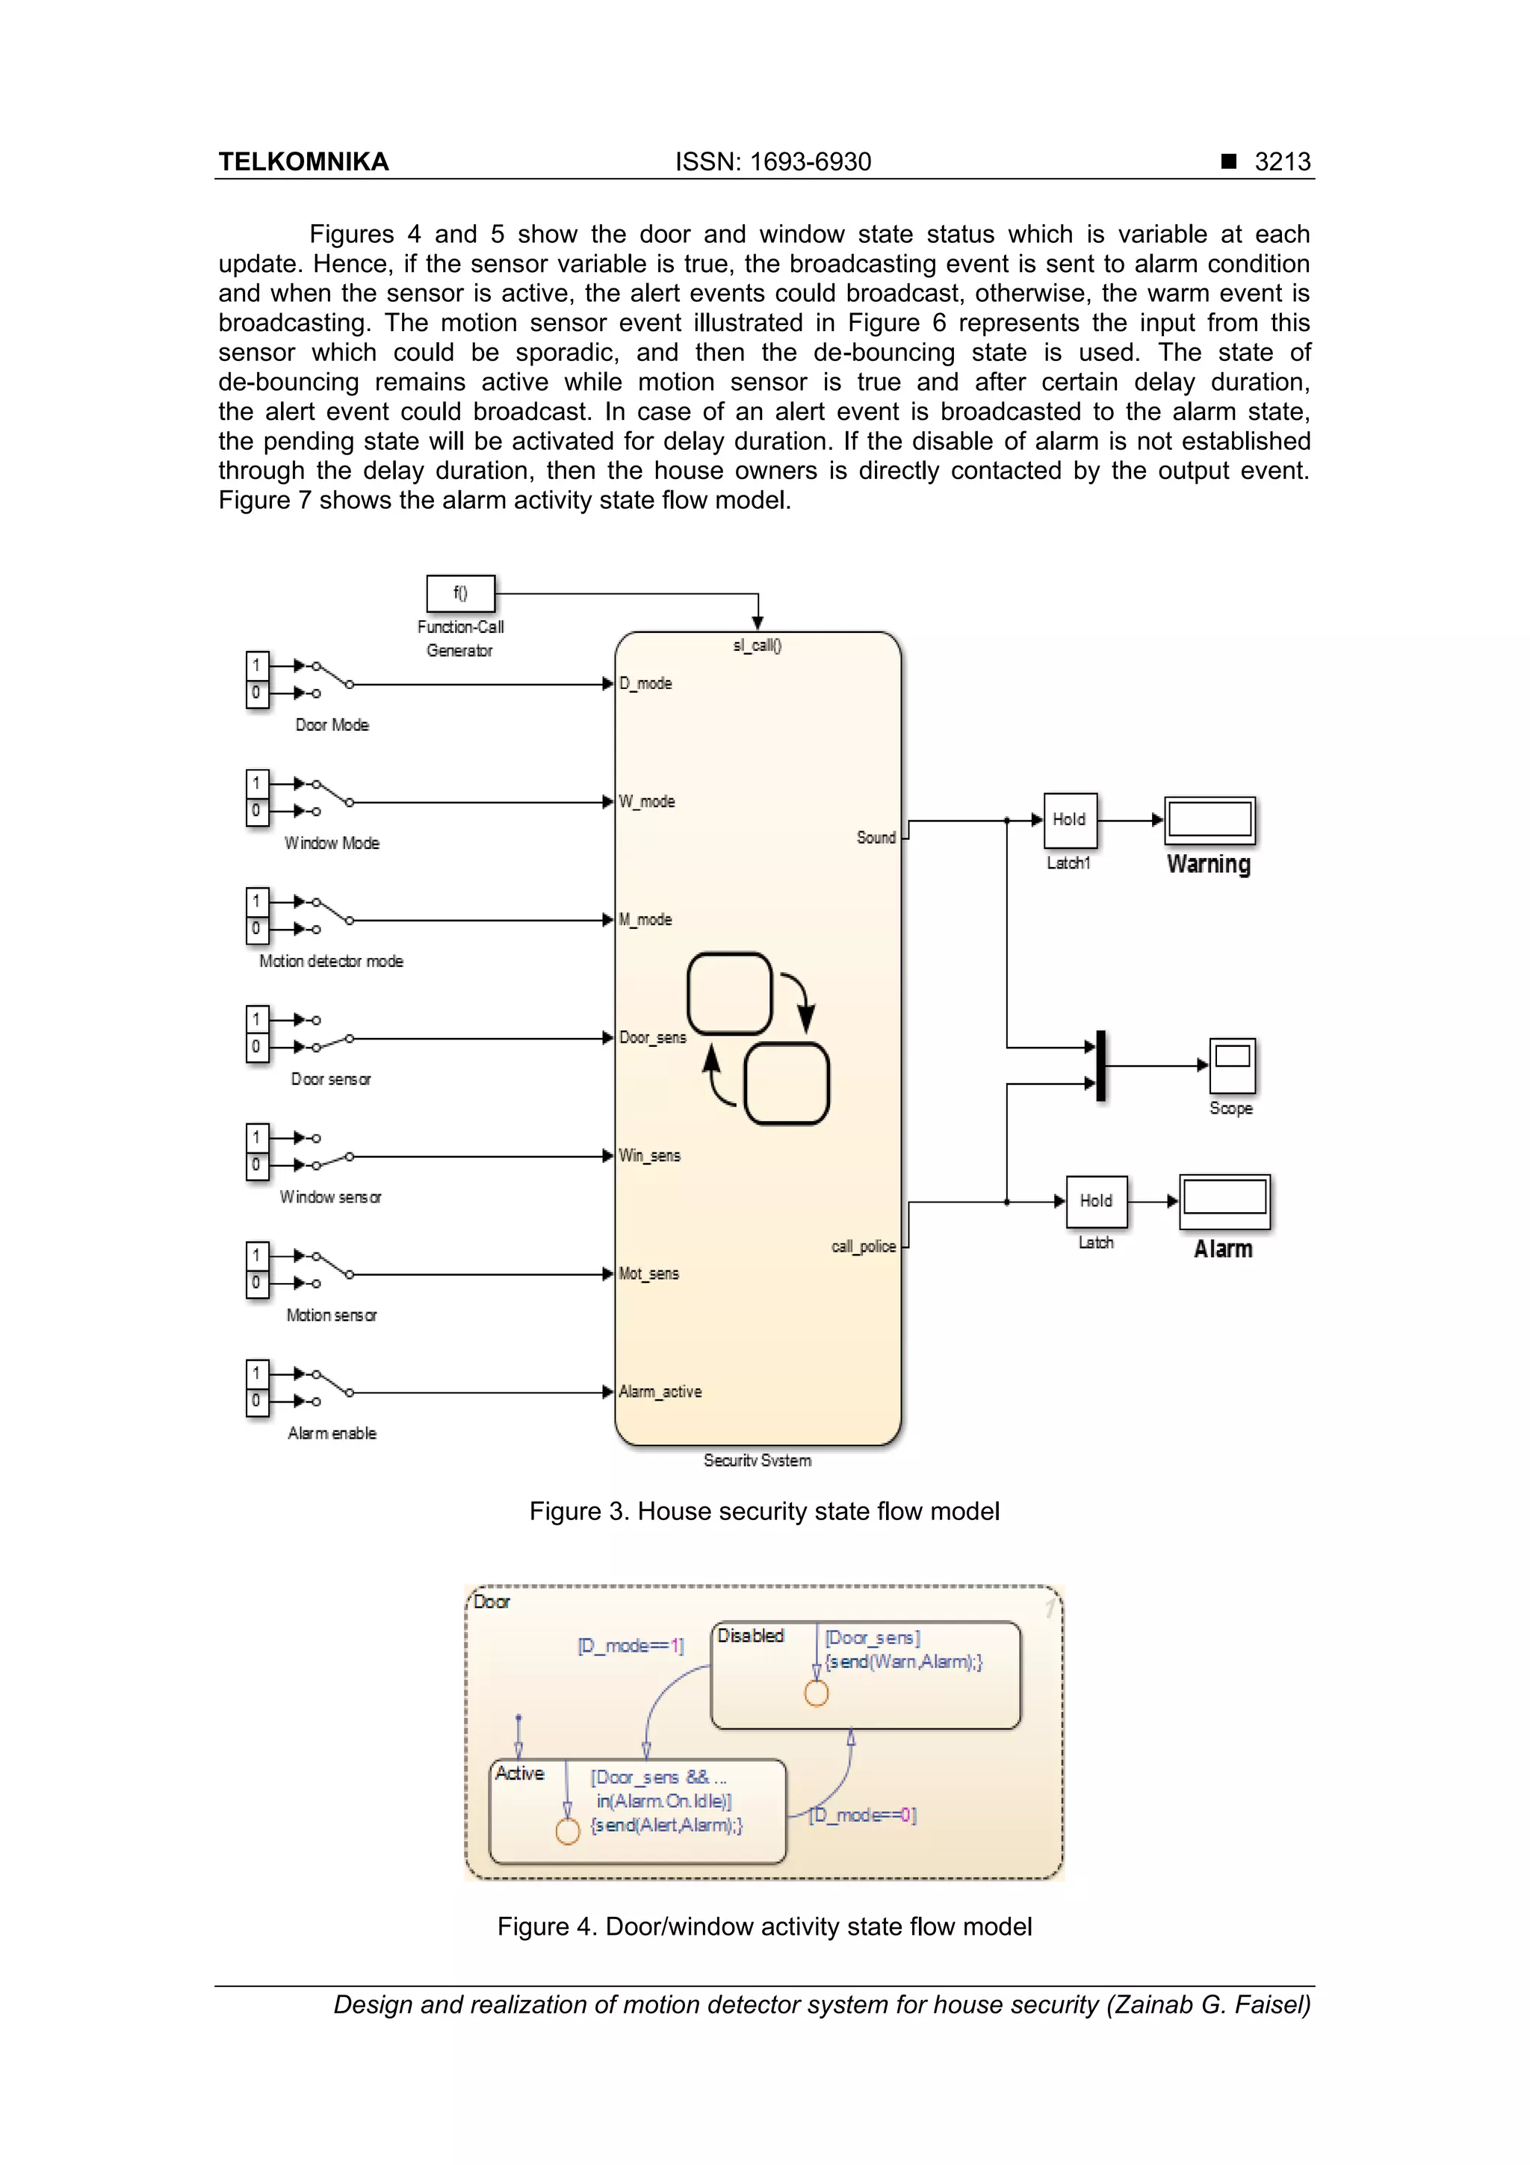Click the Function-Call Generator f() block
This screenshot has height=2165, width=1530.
point(460,593)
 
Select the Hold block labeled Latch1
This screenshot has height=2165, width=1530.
point(1070,819)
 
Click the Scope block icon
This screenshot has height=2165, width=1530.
point(1231,1065)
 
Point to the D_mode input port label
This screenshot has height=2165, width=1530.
point(645,684)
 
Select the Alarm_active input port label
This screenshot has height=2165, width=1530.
point(660,1392)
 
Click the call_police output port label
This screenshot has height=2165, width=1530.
point(863,1247)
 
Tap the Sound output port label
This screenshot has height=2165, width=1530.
point(876,837)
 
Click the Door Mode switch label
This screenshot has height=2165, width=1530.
point(332,725)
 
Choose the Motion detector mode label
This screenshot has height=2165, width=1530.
point(331,961)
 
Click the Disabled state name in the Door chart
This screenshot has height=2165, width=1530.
point(750,1636)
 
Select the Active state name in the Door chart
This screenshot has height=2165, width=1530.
point(519,1773)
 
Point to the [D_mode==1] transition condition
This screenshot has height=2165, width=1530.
point(630,1646)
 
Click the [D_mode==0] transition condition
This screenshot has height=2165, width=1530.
point(863,1815)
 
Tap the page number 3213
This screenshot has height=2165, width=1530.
point(1282,161)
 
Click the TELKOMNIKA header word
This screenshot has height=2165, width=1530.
point(303,161)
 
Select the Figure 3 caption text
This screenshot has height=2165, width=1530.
point(764,1512)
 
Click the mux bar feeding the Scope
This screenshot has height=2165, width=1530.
point(1100,1066)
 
